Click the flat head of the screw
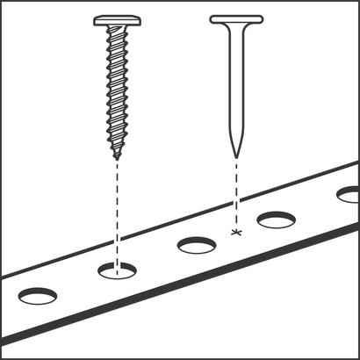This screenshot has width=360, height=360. click(x=115, y=18)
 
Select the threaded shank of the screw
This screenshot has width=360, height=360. click(x=115, y=88)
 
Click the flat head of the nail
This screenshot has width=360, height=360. click(x=234, y=18)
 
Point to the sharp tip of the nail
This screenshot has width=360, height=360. click(x=234, y=156)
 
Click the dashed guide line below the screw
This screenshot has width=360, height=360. click(x=115, y=211)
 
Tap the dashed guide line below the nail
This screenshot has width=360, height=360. click(x=234, y=193)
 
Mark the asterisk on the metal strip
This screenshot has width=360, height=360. click(x=234, y=232)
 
